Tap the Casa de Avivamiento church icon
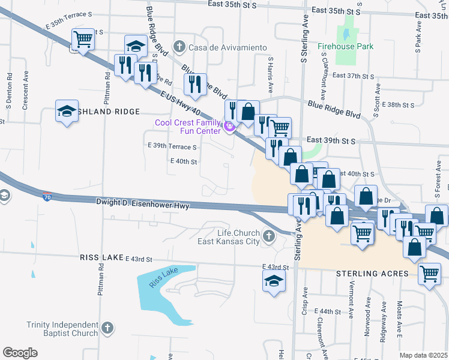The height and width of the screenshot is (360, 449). coord(179,47)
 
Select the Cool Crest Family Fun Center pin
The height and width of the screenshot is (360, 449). coord(228,127)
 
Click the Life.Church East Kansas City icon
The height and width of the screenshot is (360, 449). coord(269,237)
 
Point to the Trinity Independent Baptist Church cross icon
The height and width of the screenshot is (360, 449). coord(106,328)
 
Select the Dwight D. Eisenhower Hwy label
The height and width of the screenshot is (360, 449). coord(143,205)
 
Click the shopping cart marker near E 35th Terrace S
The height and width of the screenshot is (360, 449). coord(83,40)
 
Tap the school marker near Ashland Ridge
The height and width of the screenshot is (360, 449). coord(67,111)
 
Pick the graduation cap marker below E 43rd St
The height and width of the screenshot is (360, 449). coord(273,280)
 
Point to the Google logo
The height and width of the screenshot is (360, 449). coord(20,353)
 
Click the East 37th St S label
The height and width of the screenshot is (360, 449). coord(353,76)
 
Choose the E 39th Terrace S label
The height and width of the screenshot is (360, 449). coord(172,147)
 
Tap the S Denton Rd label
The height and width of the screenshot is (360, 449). coord(9,88)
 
